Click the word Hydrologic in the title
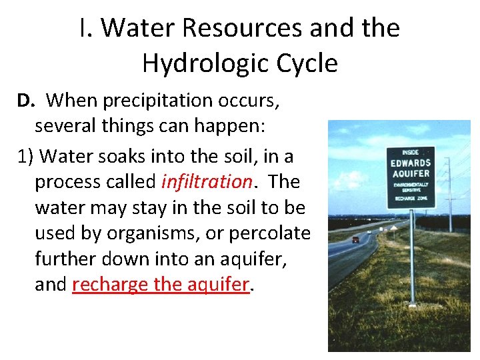[x=199, y=63]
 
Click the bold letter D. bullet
[x=25, y=101]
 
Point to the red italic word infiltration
[x=207, y=181]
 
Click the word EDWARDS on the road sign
[x=411, y=163]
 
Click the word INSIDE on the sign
[x=410, y=153]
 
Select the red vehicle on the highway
[x=356, y=239]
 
